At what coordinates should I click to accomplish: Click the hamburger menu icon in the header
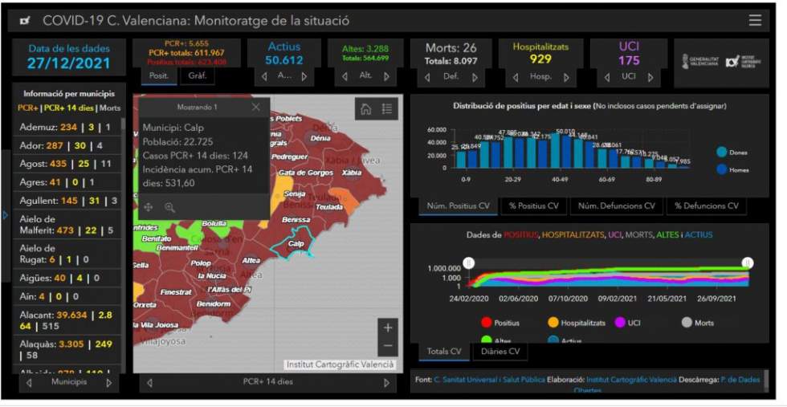coord(755,21)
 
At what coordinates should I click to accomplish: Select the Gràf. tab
coord(197,76)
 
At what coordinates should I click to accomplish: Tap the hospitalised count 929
coord(540,59)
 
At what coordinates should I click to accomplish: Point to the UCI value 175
coord(629,60)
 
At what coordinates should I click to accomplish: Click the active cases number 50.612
coord(283,60)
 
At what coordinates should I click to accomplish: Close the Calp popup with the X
coord(255,107)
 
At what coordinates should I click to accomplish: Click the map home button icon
coord(365,110)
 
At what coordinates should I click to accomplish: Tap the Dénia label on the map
coord(320,138)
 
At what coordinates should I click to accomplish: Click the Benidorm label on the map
coord(214,304)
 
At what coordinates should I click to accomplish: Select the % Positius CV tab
coord(533,206)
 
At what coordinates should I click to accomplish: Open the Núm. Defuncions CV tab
coord(617,206)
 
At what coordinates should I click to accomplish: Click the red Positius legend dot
coord(486,323)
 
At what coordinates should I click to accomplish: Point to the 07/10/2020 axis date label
coord(571,298)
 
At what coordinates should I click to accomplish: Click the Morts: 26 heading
coord(451,48)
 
